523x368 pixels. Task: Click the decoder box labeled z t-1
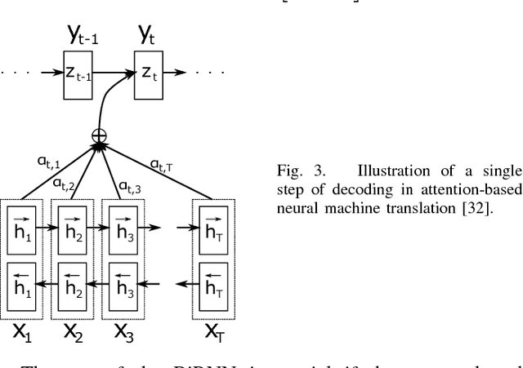[x=79, y=73]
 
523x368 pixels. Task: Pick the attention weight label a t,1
[x=53, y=163]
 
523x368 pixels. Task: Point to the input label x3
[x=124, y=334]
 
